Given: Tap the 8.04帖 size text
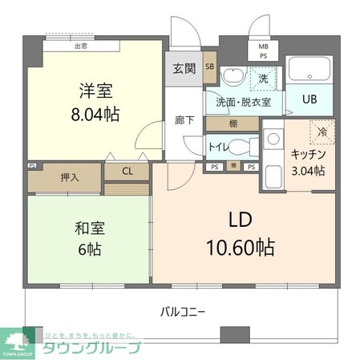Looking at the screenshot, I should pyautogui.click(x=95, y=115).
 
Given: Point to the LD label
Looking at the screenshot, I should pyautogui.click(x=241, y=218).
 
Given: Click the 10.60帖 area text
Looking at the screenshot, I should pyautogui.click(x=241, y=246).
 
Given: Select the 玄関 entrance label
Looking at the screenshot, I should pyautogui.click(x=184, y=67).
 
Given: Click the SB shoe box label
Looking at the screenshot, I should pyautogui.click(x=209, y=67).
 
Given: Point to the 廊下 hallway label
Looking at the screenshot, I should pyautogui.click(x=184, y=121).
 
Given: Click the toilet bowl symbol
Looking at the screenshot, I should pyautogui.click(x=250, y=147).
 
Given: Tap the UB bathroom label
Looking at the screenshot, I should pyautogui.click(x=309, y=100).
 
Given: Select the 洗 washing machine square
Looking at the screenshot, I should pyautogui.click(x=261, y=78).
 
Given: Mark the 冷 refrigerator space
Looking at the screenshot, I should pyautogui.click(x=322, y=131).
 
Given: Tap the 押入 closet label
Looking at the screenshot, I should pyautogui.click(x=70, y=176).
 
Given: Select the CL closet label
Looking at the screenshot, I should pyautogui.click(x=127, y=171).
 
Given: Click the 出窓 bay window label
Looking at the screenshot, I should pyautogui.click(x=80, y=46).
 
